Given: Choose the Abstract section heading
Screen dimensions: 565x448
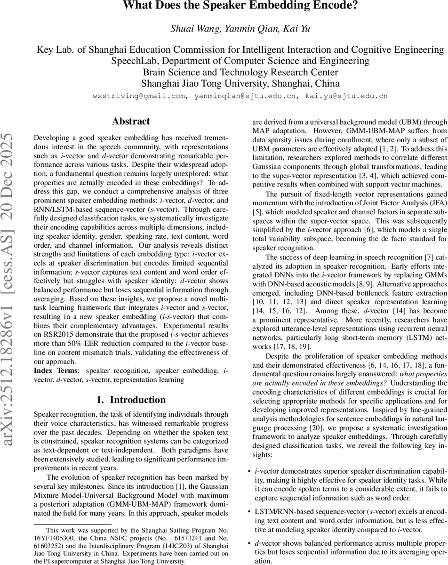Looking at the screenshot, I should (x=131, y=121).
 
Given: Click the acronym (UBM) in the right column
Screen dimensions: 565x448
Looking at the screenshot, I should (x=399, y=120).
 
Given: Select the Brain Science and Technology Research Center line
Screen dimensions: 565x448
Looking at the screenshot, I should (x=240, y=73).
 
